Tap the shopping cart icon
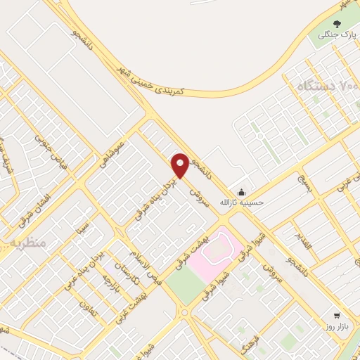(x=337, y=315)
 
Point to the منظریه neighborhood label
(x=27, y=243)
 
